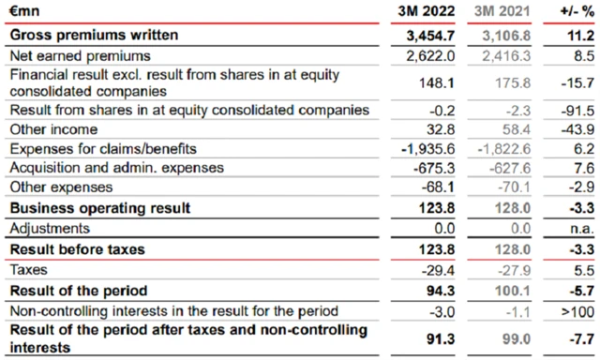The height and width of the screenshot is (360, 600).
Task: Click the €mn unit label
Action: coord(26,13)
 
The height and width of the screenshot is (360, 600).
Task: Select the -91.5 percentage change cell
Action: coord(575,111)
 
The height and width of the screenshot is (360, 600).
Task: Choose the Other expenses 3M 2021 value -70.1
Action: coord(511,187)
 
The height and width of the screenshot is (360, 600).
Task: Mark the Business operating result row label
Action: coord(100,207)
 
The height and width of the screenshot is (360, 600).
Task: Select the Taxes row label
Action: coord(31,269)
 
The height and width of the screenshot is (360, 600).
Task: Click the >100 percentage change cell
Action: coord(576,310)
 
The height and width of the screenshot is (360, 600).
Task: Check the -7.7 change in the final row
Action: coord(578,337)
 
